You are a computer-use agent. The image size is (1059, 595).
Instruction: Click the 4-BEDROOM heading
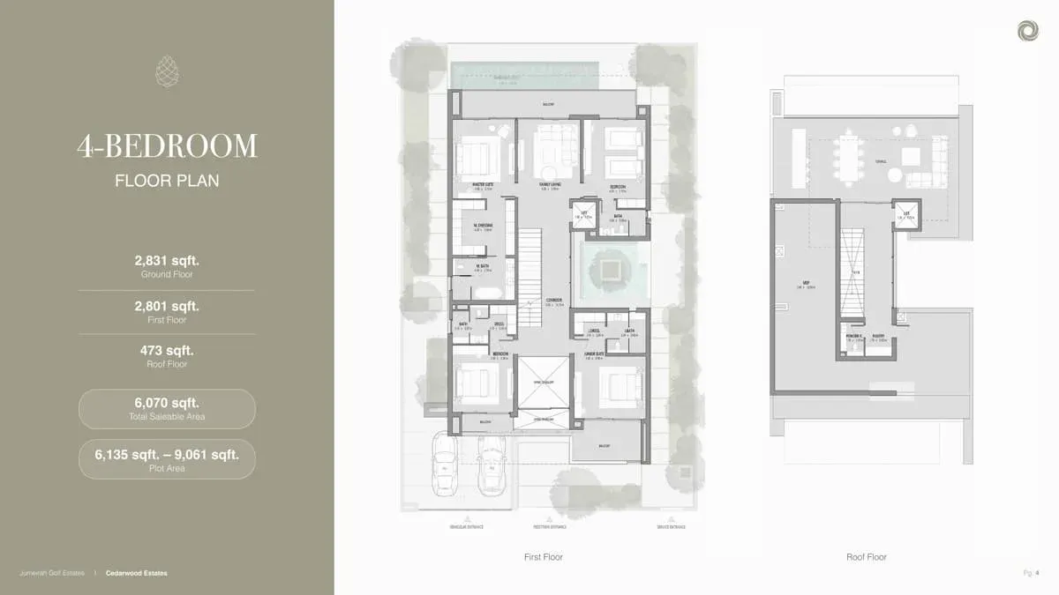point(167,146)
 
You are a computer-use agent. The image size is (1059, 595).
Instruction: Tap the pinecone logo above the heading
point(167,71)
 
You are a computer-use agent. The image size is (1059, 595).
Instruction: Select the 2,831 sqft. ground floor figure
point(167,260)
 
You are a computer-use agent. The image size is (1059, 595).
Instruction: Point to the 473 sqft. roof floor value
point(167,350)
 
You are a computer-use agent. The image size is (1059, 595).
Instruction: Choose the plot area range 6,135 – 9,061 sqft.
point(167,455)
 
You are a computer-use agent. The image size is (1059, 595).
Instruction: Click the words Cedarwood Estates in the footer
point(142,573)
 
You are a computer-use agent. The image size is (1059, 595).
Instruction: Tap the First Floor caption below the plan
point(543,557)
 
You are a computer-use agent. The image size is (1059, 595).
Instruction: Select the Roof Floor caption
point(866,557)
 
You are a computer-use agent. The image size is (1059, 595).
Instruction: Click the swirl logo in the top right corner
point(1027,31)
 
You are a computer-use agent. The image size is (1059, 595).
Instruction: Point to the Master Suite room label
point(482,185)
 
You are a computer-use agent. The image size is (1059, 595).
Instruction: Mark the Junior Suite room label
point(593,354)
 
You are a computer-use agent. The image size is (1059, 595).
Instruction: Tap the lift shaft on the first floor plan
point(583,216)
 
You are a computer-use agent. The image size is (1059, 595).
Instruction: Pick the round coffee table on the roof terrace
point(894,175)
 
